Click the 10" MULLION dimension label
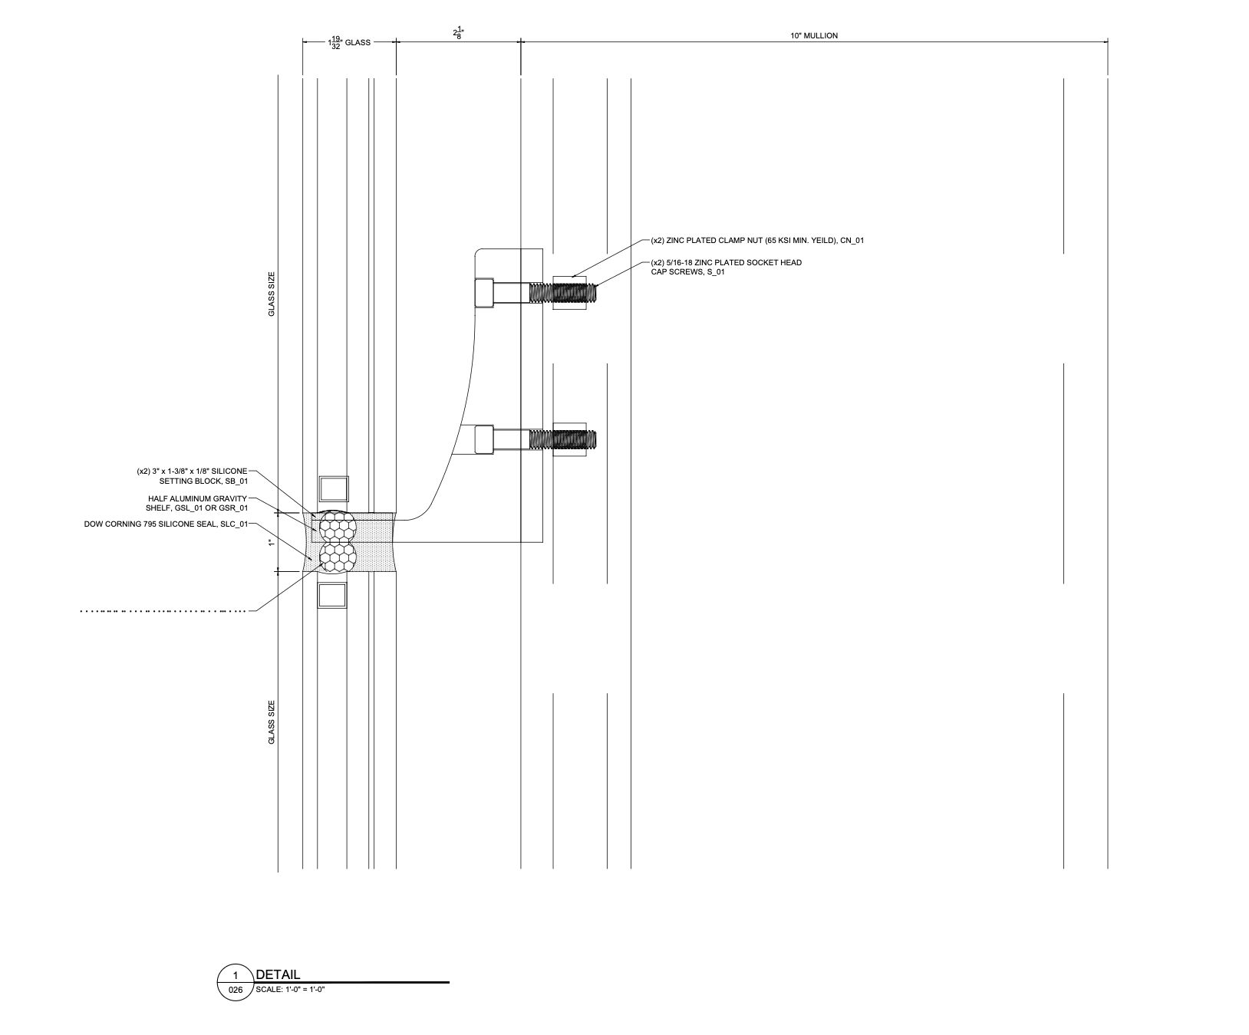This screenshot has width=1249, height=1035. pyautogui.click(x=814, y=35)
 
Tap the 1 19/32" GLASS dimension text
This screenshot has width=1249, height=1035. pyautogui.click(x=350, y=43)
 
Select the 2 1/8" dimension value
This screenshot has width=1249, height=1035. pyautogui.click(x=459, y=34)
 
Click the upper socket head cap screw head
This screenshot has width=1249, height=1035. pyautogui.click(x=484, y=293)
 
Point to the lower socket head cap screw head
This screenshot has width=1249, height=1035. pyautogui.click(x=484, y=440)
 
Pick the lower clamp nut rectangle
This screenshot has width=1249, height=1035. pyautogui.click(x=569, y=440)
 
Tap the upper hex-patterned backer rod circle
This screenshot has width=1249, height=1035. pyautogui.click(x=338, y=526)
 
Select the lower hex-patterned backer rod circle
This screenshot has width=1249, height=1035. pyautogui.click(x=338, y=556)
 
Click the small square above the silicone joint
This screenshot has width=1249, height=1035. pyautogui.click(x=333, y=489)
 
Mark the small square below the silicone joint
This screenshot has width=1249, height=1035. pyautogui.click(x=332, y=596)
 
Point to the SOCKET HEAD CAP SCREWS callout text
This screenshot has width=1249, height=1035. pyautogui.click(x=725, y=267)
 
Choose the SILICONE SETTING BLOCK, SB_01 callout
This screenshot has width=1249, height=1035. pyautogui.click(x=193, y=476)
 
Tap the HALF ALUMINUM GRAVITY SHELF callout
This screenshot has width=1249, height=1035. pyautogui.click(x=197, y=503)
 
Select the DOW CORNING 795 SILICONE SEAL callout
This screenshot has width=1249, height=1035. pyautogui.click(x=166, y=524)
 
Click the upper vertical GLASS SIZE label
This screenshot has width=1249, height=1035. pyautogui.click(x=271, y=294)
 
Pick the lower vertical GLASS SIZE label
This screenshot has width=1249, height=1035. pyautogui.click(x=271, y=722)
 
